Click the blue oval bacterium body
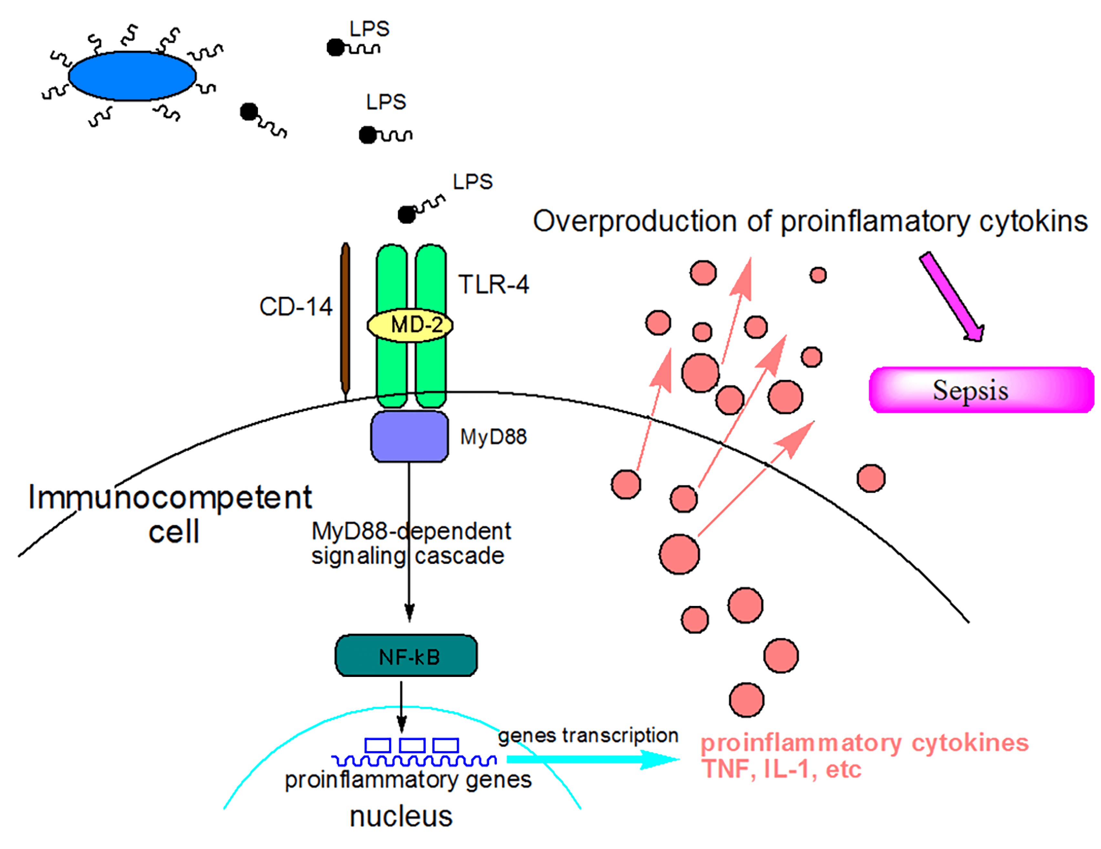132,76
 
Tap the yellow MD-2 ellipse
409,325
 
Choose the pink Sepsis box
981,390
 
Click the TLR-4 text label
493,285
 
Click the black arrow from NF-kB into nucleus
401,706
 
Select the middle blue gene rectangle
412,745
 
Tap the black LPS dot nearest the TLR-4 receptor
406,215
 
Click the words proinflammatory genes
408,780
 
